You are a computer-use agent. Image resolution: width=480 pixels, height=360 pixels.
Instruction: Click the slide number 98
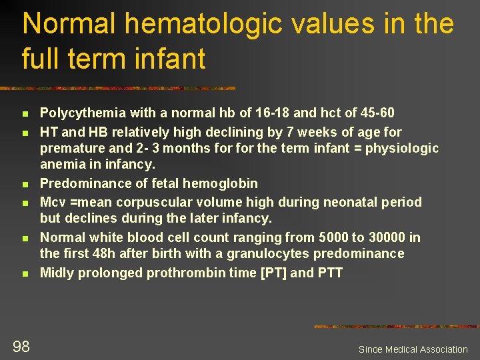(x=21, y=345)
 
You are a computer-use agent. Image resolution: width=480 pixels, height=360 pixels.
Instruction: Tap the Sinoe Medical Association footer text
(x=413, y=349)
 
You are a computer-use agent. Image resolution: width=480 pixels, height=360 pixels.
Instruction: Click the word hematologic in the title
(x=177, y=24)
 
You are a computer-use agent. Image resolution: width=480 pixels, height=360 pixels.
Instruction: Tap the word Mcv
(x=52, y=202)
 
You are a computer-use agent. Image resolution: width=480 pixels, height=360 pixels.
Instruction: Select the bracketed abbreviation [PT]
(x=273, y=273)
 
